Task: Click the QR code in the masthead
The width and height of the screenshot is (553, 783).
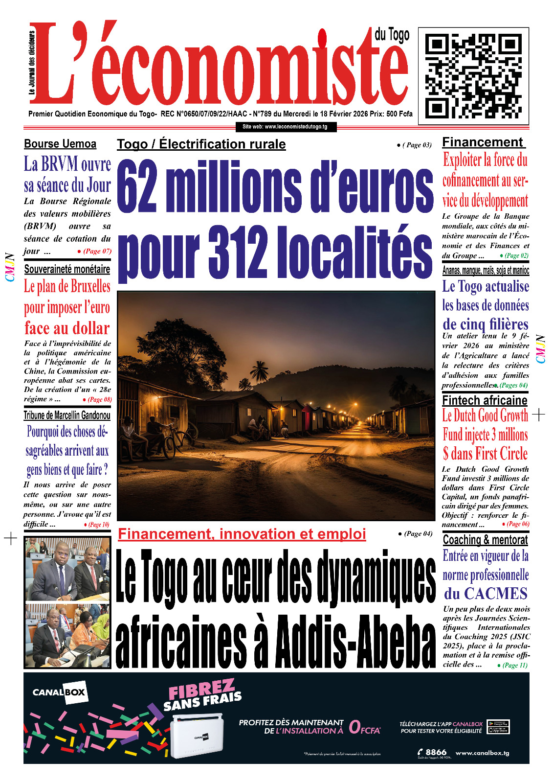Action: [473, 76]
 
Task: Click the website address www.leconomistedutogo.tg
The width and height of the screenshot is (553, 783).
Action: [285, 127]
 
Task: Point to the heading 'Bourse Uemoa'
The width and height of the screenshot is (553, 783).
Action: [60, 144]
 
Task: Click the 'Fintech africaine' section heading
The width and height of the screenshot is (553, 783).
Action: [485, 400]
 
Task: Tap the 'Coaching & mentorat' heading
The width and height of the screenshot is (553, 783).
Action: [485, 540]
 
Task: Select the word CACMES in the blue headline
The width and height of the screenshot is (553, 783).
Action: [495, 594]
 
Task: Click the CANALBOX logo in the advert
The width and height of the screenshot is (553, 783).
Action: [59, 692]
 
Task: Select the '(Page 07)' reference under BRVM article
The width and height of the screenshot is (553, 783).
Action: [97, 251]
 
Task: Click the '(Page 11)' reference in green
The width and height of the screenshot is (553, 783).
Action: [514, 665]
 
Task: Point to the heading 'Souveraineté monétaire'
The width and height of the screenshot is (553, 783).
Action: [67, 269]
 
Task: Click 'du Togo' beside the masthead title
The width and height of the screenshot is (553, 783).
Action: [392, 35]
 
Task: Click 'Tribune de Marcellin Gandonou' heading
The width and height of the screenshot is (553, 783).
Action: [67, 415]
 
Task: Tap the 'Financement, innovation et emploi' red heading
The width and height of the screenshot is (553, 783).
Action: [242, 534]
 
